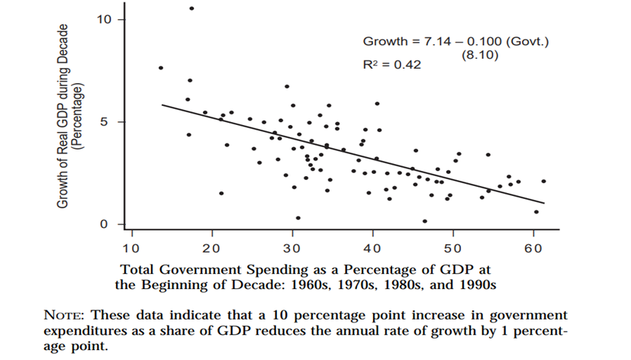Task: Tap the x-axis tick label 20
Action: pos(211,248)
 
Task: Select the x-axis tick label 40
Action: pos(372,248)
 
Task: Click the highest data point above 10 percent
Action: pos(192,8)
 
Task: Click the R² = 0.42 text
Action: pos(391,66)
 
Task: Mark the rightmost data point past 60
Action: pos(543,181)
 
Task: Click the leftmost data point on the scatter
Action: pos(160,68)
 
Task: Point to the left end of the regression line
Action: pos(163,104)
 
